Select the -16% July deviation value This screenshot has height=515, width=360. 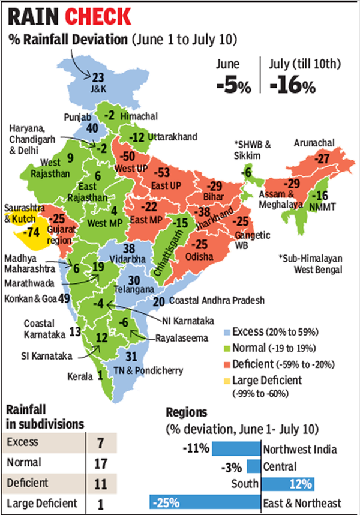point(292,85)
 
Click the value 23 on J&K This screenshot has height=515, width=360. point(98,76)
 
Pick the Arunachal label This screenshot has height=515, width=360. point(314,143)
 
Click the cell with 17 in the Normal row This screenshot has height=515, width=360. point(101,463)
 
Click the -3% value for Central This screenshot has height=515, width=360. point(235,466)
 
